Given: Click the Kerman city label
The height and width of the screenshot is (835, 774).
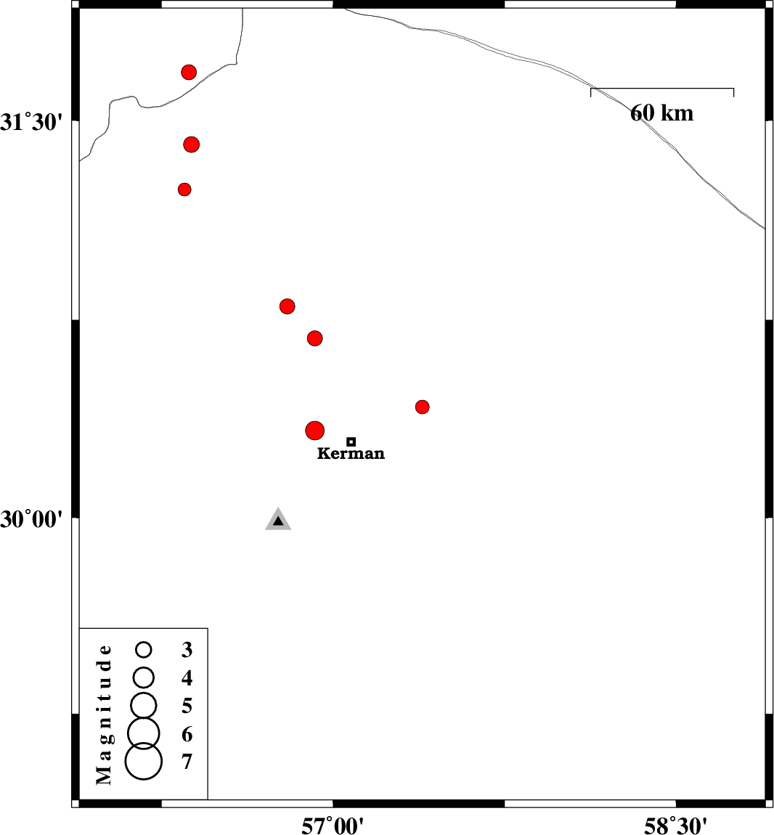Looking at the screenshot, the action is click(x=351, y=453).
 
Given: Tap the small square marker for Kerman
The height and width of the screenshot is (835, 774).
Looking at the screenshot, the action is click(x=351, y=441).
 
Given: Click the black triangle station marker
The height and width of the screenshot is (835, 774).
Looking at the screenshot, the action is click(x=278, y=521).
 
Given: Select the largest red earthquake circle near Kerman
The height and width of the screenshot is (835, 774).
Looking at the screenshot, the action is click(x=315, y=431).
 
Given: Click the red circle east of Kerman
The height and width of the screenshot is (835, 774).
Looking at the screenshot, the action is click(x=422, y=407).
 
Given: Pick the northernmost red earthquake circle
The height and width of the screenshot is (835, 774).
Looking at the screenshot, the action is click(x=189, y=72).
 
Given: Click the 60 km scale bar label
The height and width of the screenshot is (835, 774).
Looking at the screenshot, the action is click(x=662, y=113).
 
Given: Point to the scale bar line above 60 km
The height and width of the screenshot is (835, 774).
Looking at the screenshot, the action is click(x=662, y=89).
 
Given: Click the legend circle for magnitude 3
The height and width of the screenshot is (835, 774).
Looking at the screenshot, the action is click(x=143, y=649).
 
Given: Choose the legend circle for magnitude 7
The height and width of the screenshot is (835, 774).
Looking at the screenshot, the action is click(x=143, y=762).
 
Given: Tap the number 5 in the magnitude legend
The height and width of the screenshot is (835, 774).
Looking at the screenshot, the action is click(x=187, y=706).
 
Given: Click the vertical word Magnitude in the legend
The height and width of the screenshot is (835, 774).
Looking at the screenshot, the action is click(x=105, y=714).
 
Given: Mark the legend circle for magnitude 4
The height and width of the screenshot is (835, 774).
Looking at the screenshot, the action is click(x=143, y=677).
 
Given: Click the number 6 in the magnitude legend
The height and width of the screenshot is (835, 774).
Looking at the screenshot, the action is click(x=187, y=734).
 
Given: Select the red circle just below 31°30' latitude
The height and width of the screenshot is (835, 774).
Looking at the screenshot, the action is click(x=191, y=144).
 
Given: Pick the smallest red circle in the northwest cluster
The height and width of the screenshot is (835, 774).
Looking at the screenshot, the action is click(x=184, y=189).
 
